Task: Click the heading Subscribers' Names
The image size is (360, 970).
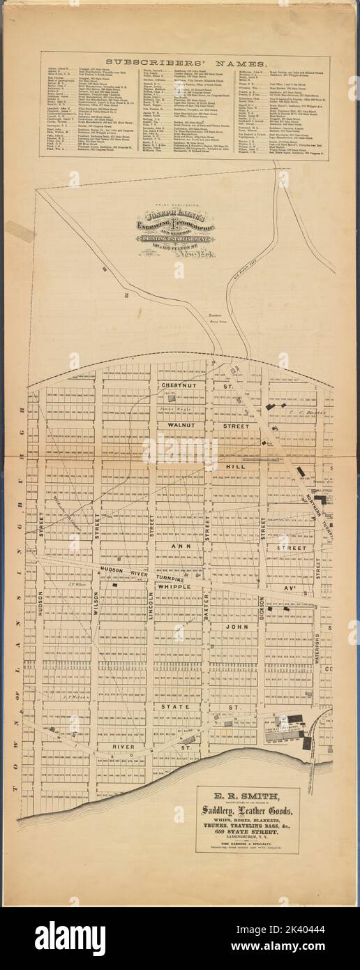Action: tap(180, 64)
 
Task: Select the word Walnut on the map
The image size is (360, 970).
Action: tap(170, 424)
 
